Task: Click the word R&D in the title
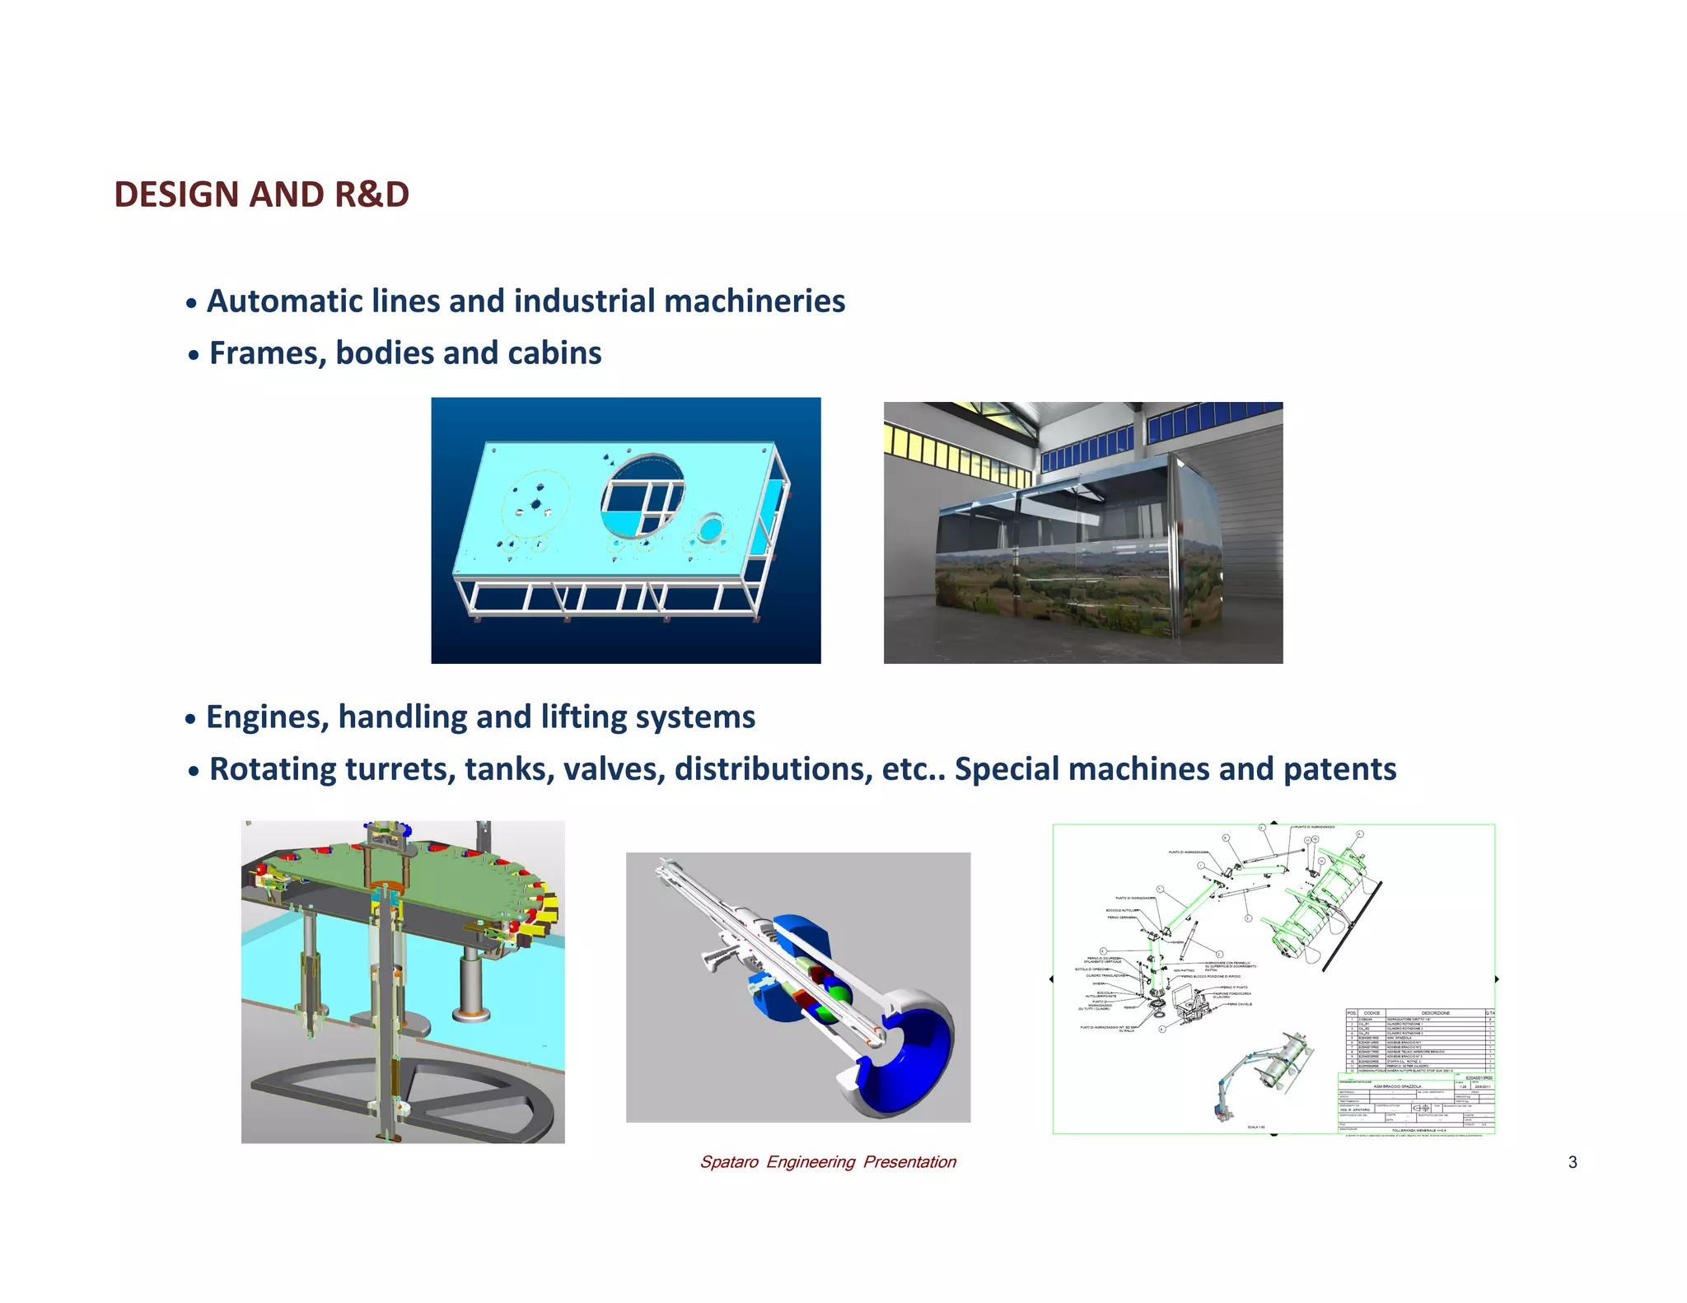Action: click(x=372, y=194)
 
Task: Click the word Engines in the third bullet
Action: click(x=267, y=717)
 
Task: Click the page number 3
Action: click(x=1572, y=1162)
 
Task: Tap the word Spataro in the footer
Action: click(x=728, y=1162)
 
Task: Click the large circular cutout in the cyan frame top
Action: click(x=643, y=494)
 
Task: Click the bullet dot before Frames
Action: click(x=193, y=356)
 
